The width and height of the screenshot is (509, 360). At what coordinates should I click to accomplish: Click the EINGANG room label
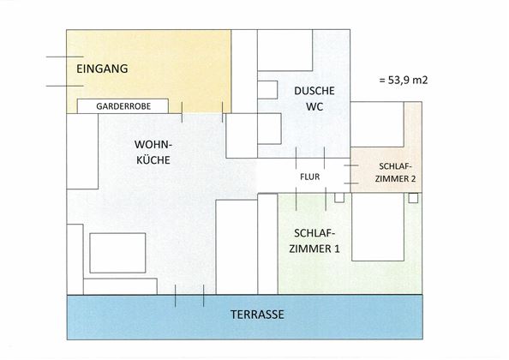click(x=102, y=69)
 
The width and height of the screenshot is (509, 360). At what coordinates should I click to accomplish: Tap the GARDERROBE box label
click(x=125, y=106)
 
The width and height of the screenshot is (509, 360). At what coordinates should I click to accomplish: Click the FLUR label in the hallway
click(x=309, y=179)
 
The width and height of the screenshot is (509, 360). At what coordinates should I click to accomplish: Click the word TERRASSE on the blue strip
click(x=257, y=315)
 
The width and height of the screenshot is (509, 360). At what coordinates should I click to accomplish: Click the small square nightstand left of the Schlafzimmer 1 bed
click(x=339, y=197)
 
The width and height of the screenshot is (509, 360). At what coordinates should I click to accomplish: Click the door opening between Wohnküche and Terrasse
click(x=189, y=296)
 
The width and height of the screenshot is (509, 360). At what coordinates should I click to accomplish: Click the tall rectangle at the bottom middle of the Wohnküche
click(x=236, y=247)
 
